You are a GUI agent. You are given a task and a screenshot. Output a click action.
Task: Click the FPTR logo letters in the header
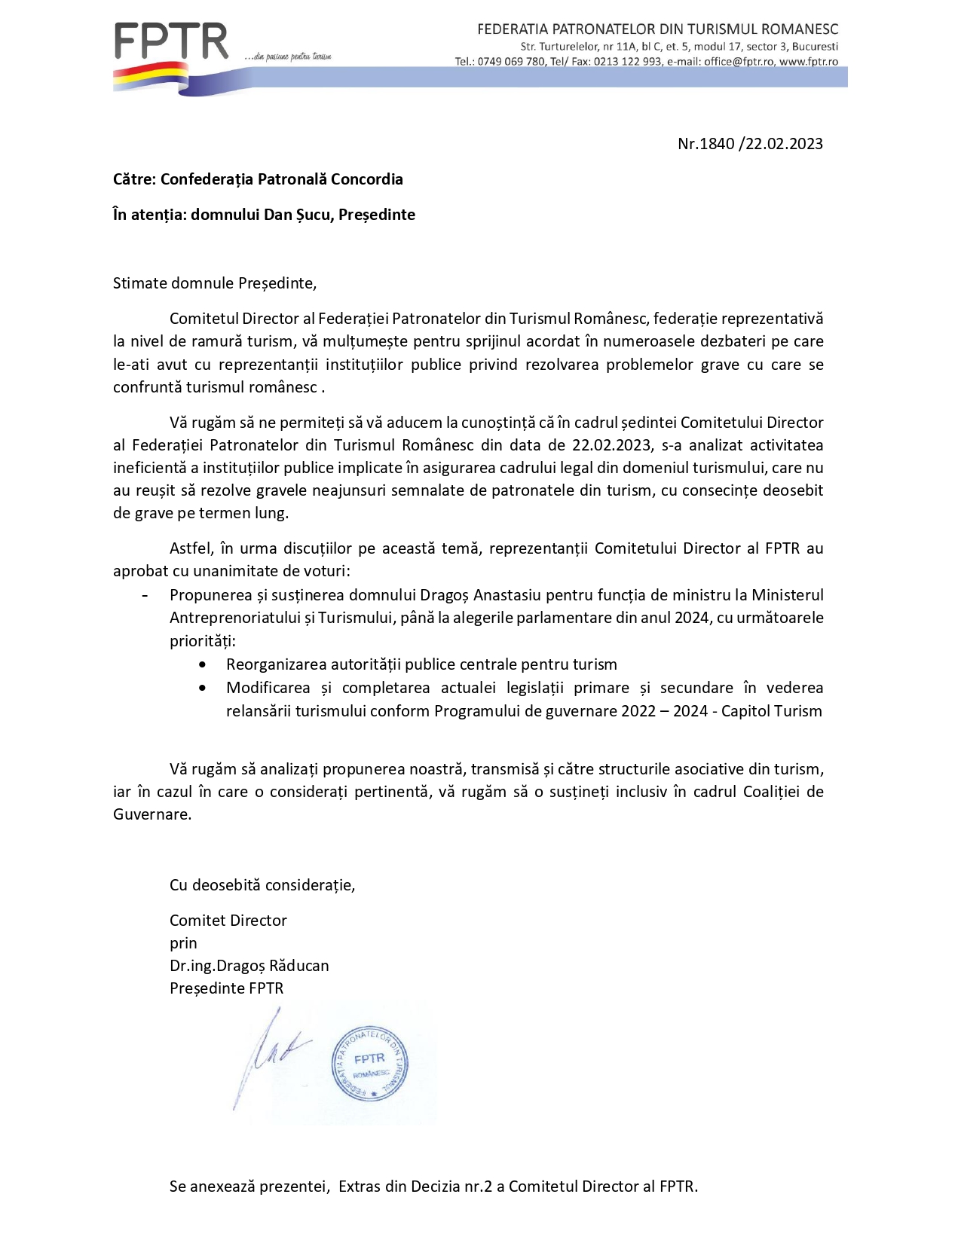click(171, 42)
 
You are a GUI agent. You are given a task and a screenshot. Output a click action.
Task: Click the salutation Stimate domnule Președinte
click(215, 283)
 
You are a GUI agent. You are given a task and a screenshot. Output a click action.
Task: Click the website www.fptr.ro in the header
click(809, 62)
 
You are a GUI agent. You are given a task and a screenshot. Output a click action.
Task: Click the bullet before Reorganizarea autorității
click(202, 665)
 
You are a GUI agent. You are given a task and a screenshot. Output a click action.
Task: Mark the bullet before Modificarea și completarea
click(202, 688)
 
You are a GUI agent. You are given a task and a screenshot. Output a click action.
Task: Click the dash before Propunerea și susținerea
click(144, 595)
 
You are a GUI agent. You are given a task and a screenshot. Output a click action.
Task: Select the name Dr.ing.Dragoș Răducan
click(249, 966)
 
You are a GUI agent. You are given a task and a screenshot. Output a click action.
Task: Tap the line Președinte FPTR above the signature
click(226, 988)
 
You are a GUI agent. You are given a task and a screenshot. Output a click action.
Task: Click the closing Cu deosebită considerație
click(262, 885)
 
